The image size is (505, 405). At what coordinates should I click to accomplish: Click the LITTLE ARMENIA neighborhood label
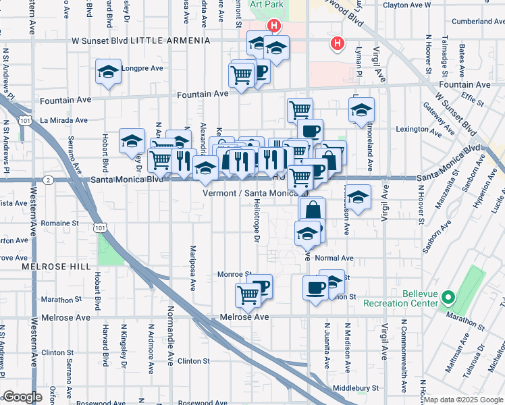(170, 40)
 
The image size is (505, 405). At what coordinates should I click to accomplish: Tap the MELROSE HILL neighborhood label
(47, 267)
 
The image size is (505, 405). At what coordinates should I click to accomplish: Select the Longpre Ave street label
(142, 68)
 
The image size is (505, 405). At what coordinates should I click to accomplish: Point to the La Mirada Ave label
(64, 120)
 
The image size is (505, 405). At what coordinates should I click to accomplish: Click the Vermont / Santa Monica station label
(250, 193)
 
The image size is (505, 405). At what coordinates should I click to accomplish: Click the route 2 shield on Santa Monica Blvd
(49, 180)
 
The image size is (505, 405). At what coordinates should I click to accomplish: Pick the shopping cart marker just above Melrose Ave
(248, 294)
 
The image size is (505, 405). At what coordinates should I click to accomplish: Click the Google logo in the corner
(22, 397)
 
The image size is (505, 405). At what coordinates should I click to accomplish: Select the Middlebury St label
(356, 388)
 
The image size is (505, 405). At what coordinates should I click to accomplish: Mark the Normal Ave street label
(334, 258)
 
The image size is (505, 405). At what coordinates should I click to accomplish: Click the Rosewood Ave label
(101, 403)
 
